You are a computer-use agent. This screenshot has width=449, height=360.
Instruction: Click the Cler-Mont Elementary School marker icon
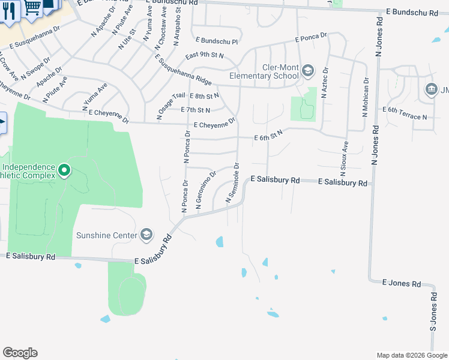coord(308,71)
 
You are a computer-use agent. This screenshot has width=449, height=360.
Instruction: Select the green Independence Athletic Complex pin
coord(65,171)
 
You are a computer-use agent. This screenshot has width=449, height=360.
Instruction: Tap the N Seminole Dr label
coord(232,182)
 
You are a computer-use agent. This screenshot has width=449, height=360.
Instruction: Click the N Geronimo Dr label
coord(205,191)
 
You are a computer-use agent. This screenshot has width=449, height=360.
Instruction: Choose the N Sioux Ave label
coord(345,155)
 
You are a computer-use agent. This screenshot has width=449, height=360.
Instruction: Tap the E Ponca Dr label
coord(311,38)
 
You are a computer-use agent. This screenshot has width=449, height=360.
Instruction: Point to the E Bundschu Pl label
coord(217,42)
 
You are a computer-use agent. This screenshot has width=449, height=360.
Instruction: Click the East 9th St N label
coord(204,56)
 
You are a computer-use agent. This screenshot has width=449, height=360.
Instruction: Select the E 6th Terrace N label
coord(405,117)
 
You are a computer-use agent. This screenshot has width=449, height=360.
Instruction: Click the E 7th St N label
coord(196,110)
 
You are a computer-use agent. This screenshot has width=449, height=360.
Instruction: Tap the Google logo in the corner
coord(20,353)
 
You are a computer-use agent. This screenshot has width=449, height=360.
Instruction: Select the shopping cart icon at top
coord(32,6)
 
